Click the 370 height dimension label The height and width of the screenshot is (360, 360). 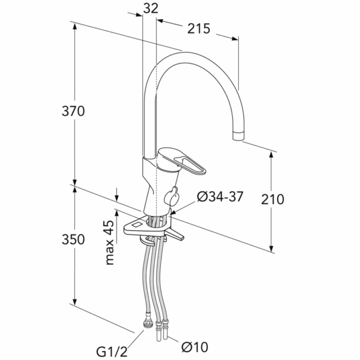click(73, 111)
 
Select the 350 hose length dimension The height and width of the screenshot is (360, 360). click(73, 239)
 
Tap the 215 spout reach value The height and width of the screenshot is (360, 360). click(199, 29)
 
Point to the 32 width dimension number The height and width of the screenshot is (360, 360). click(151, 8)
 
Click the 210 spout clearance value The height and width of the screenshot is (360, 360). click(272, 199)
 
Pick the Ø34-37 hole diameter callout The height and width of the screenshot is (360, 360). click(220, 197)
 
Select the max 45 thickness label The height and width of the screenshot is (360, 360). click(110, 242)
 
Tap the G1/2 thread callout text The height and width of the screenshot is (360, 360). click(112, 352)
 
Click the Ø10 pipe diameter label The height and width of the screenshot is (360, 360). click(195, 347)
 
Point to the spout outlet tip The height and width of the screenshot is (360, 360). click(238, 136)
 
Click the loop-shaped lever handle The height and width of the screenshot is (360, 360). click(190, 164)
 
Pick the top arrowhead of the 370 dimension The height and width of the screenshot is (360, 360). click(74, 26)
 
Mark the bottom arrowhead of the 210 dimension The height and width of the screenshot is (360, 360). click(271, 249)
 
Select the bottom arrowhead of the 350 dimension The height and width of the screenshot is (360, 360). click(74, 302)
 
